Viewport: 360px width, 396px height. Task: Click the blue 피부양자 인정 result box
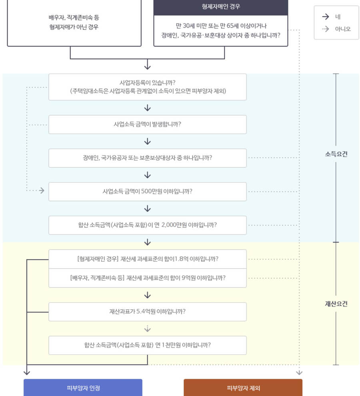[x=83, y=388]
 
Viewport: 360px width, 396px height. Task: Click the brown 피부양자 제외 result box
[x=243, y=388]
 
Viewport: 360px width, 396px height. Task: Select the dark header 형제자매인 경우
[x=221, y=7]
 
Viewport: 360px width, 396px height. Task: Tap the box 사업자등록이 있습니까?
[x=147, y=87]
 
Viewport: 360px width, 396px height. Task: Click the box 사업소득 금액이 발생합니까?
[x=147, y=124]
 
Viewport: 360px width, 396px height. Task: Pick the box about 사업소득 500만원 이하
[x=147, y=191]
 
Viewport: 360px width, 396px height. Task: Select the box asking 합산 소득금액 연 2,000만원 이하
[x=147, y=225]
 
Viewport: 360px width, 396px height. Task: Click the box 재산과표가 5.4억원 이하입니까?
[x=147, y=311]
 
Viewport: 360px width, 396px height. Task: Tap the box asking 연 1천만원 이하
[x=147, y=345]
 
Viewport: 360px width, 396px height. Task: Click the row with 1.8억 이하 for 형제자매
[x=147, y=259]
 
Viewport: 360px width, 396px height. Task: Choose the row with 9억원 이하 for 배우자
[x=147, y=278]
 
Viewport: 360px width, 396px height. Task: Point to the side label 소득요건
[x=336, y=154]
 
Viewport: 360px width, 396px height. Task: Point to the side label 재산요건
[x=336, y=304]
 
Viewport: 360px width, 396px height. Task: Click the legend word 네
[x=338, y=17]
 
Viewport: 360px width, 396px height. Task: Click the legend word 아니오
[x=342, y=29]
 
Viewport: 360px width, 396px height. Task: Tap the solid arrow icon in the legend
[x=326, y=17]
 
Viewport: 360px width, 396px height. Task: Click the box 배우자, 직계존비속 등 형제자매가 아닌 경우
[x=74, y=22]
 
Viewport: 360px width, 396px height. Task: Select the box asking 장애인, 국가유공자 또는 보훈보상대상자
[x=147, y=158]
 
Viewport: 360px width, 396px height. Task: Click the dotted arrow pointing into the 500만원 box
[x=41, y=191]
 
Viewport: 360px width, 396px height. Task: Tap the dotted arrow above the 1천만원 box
[x=147, y=328]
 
